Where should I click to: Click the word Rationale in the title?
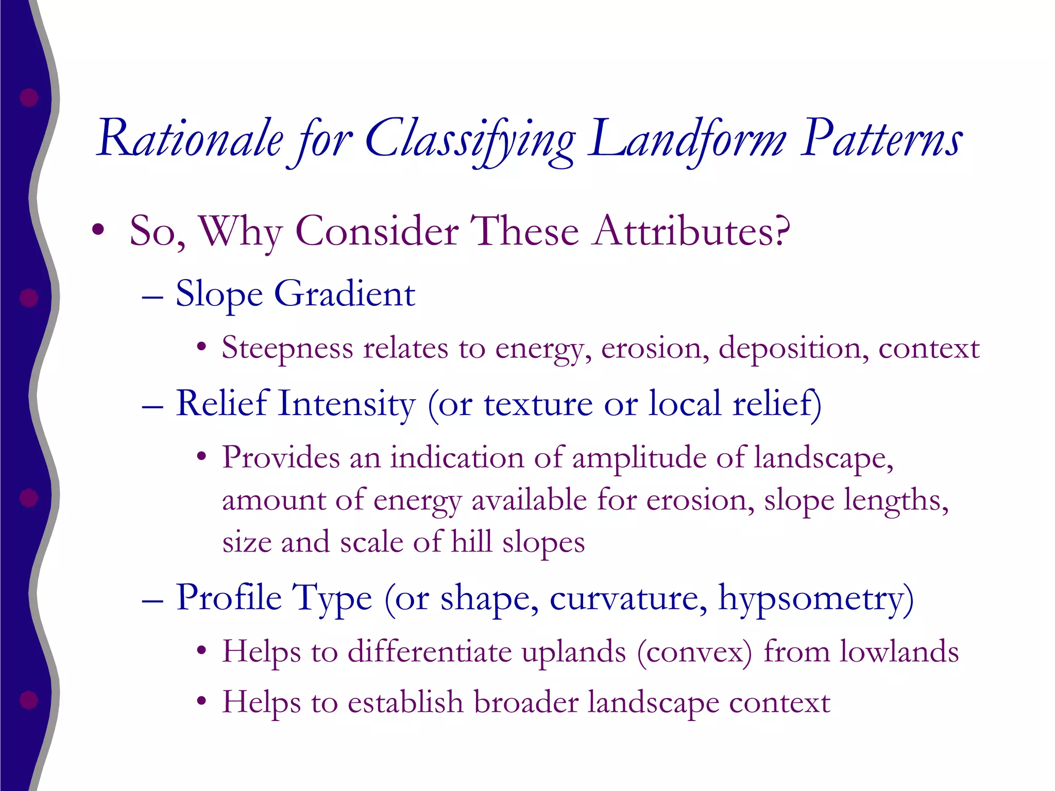tap(190, 138)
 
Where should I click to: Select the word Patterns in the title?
tap(881, 138)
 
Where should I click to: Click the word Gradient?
tap(345, 294)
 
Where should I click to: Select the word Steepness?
tap(287, 349)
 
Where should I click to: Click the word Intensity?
tap(347, 403)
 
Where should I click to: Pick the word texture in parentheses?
tap(538, 404)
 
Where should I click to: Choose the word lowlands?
tap(899, 651)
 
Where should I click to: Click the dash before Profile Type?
tap(152, 600)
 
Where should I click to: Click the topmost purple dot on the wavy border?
tap(29, 97)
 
